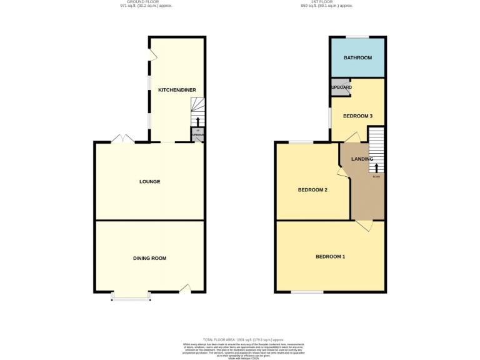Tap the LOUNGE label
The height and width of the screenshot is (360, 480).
click(149, 182)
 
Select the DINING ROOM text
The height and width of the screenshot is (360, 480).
click(149, 258)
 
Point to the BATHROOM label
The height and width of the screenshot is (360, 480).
click(357, 58)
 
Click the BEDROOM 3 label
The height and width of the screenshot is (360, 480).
click(357, 116)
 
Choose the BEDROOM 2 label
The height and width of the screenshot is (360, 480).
click(312, 190)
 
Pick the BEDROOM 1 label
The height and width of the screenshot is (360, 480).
click(330, 257)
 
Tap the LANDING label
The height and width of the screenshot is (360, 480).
click(362, 159)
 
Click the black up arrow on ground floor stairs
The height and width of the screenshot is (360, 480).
click(198, 121)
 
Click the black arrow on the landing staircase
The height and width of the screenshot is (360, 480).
click(376, 167)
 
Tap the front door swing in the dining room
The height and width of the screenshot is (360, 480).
click(184, 288)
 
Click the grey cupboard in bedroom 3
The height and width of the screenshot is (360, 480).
click(340, 87)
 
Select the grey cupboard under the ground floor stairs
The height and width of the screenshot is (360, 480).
click(198, 134)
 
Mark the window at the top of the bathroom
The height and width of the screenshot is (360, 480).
click(357, 37)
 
